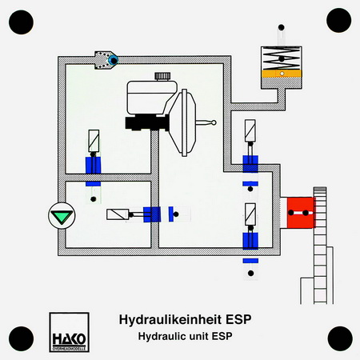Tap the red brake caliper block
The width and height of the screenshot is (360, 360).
click(x=301, y=213)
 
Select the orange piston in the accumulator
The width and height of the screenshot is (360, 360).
click(x=282, y=74)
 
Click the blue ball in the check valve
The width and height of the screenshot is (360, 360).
click(x=113, y=60)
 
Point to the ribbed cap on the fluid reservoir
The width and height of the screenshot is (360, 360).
click(x=162, y=76)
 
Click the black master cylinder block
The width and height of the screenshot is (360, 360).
click(x=147, y=122)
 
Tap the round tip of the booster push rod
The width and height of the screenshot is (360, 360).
click(x=214, y=122)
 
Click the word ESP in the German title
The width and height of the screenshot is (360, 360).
click(x=238, y=319)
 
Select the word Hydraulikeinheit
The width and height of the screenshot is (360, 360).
click(x=170, y=319)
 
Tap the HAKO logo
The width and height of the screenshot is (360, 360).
click(x=69, y=332)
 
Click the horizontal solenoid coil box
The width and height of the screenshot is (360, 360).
click(x=118, y=214)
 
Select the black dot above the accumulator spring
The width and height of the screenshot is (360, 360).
click(x=281, y=27)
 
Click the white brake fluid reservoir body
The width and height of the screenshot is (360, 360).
click(x=151, y=98)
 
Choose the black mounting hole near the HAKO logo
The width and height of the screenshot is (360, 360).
click(x=22, y=338)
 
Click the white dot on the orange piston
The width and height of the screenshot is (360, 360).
click(x=282, y=74)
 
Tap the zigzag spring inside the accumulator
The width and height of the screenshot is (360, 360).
click(x=282, y=58)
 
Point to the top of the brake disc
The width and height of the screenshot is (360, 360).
click(x=320, y=187)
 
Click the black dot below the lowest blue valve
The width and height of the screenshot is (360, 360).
click(x=250, y=273)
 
